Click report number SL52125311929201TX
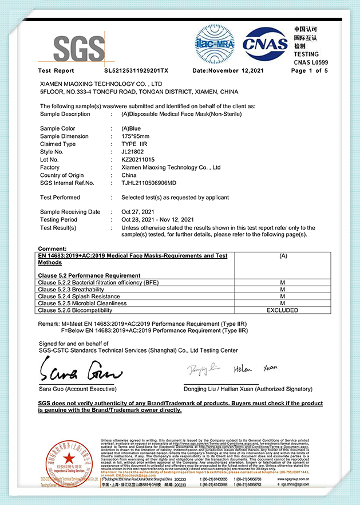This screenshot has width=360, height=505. pyautogui.click(x=136, y=71)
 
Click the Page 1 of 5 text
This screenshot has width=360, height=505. pyautogui.click(x=310, y=71)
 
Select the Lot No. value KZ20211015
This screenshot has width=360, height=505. pyautogui.click(x=138, y=160)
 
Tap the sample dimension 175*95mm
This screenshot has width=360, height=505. pyautogui.click(x=136, y=136)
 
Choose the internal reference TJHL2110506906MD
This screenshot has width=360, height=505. pyautogui.click(x=149, y=183)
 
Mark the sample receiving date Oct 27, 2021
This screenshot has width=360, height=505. pyautogui.click(x=139, y=212)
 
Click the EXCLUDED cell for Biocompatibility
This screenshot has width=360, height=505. pyautogui.click(x=283, y=310)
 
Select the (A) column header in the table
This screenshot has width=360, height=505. pyautogui.click(x=283, y=256)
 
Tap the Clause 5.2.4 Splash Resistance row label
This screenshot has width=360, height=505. pyautogui.click(x=79, y=297)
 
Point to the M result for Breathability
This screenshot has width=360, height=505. pyautogui.click(x=283, y=290)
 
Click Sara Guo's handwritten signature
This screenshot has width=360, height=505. pyautogui.click(x=80, y=372)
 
